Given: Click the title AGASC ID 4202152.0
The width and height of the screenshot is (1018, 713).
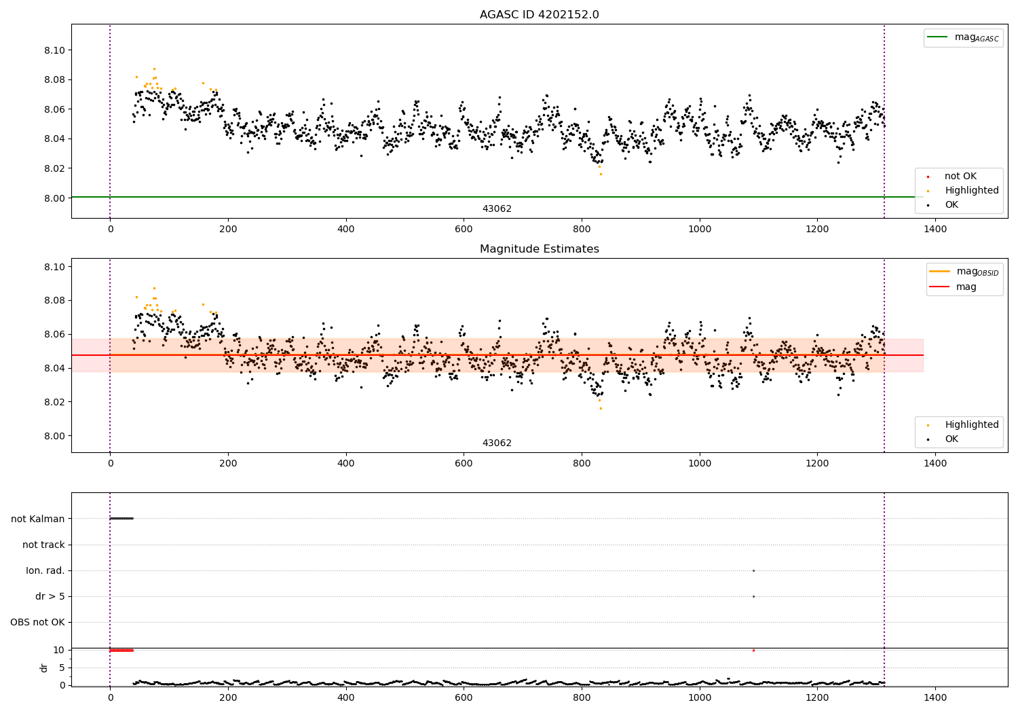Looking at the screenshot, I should click(x=539, y=15).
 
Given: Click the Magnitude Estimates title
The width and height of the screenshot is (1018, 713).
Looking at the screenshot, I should click(x=539, y=249).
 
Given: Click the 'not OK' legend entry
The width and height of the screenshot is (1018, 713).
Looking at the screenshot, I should click(x=960, y=177).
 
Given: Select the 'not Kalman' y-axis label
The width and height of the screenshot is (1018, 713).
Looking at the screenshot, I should click(x=38, y=519).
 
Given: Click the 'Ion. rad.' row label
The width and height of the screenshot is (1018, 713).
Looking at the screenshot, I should click(x=45, y=570).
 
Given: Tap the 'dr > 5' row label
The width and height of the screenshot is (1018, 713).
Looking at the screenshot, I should click(x=50, y=596).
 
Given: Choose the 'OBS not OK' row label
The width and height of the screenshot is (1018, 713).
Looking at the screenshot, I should click(x=37, y=622).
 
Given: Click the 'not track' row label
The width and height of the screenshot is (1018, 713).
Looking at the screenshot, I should click(x=43, y=545).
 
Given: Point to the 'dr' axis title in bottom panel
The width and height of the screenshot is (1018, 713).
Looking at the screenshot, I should click(x=44, y=668).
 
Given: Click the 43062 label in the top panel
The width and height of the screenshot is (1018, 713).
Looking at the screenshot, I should click(x=497, y=209).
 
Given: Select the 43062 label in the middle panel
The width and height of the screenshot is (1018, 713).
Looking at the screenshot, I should click(x=497, y=443).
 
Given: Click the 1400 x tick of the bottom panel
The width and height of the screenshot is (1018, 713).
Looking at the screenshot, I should click(x=935, y=697).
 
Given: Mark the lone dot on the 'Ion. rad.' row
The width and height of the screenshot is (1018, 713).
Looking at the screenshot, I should click(x=753, y=570).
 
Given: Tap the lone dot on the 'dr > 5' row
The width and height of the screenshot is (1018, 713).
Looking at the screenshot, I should click(x=753, y=596).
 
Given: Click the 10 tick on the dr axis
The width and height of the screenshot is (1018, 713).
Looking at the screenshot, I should click(x=59, y=650).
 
